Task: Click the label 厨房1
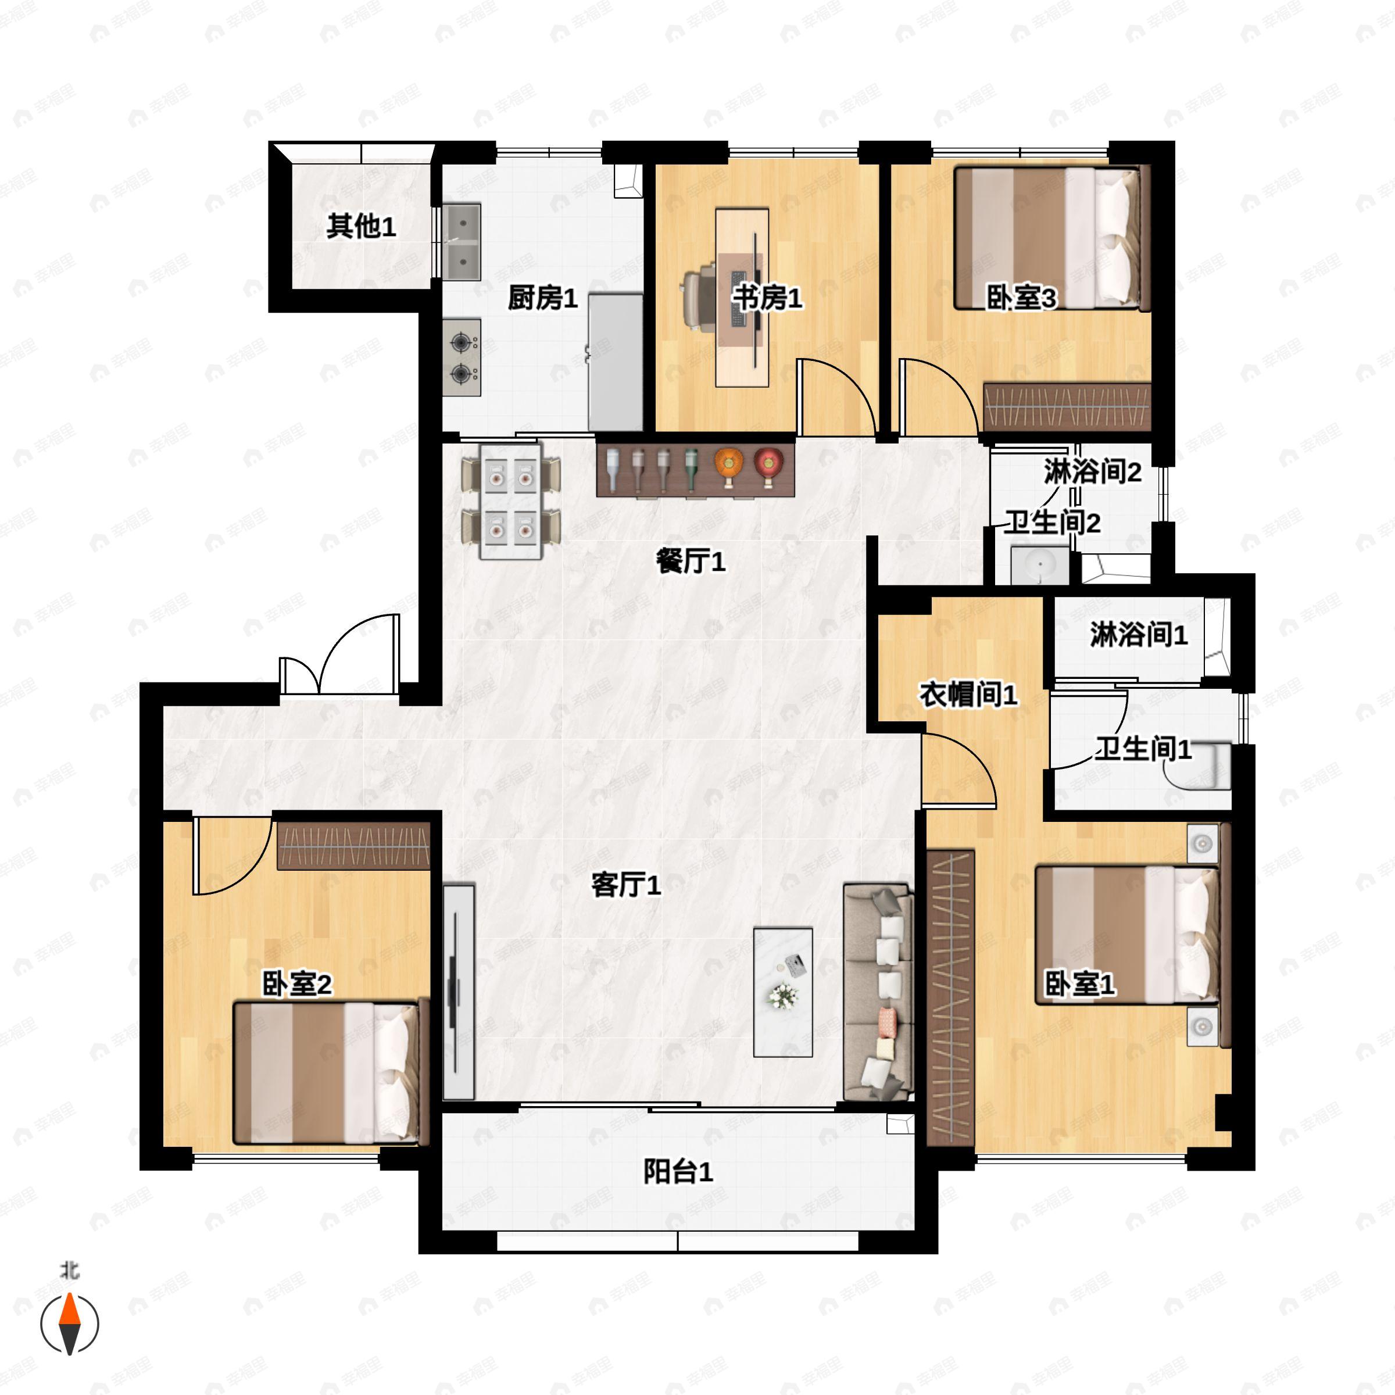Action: (542, 298)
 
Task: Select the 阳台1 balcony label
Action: (677, 1171)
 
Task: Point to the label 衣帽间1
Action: (968, 695)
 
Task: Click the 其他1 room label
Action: (360, 226)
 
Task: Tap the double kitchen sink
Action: (462, 242)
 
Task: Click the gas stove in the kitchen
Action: (462, 357)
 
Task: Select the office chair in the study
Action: (699, 298)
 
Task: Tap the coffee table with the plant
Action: (783, 993)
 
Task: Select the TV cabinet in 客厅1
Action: (458, 993)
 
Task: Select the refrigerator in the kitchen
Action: (615, 361)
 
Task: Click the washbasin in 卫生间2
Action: (1040, 564)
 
